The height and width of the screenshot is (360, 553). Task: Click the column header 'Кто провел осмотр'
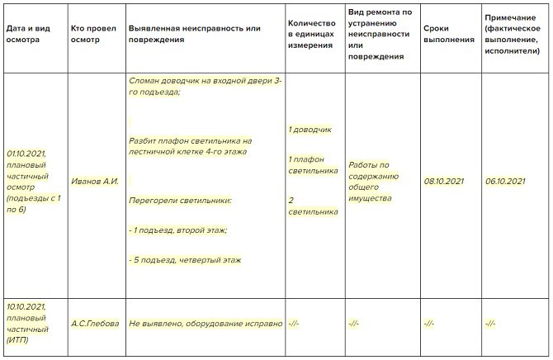click(93, 34)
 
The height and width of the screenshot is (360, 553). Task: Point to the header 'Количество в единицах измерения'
click(310, 34)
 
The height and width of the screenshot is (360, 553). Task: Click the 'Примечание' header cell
click(513, 34)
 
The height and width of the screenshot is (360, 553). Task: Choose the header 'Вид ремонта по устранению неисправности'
click(379, 34)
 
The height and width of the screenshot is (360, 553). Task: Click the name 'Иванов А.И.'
click(96, 182)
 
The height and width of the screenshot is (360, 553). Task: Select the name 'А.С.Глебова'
click(94, 323)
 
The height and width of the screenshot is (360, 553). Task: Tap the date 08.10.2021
click(444, 182)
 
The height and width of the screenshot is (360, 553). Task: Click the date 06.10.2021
click(506, 182)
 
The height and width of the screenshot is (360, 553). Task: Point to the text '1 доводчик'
click(310, 130)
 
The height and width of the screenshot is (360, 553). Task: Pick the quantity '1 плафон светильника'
click(313, 165)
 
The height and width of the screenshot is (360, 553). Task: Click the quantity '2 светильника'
click(313, 206)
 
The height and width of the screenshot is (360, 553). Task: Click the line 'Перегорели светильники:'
click(180, 201)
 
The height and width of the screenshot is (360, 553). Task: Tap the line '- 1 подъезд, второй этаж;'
click(177, 230)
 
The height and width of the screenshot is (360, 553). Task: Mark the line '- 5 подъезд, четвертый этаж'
click(185, 260)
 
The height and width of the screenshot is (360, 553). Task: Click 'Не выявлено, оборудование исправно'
click(206, 323)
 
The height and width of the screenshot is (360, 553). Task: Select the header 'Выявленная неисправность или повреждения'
click(194, 34)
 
